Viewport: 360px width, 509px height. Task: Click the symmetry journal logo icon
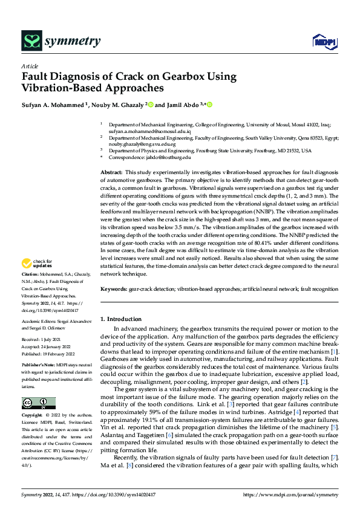click(31, 41)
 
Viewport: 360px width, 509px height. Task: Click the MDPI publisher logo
click(323, 41)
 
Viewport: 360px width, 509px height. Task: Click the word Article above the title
click(29, 66)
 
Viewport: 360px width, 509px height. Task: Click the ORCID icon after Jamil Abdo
click(210, 105)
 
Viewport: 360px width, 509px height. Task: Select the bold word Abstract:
click(111, 173)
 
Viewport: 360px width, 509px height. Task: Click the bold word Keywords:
click(113, 290)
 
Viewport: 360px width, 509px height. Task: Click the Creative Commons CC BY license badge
click(39, 403)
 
